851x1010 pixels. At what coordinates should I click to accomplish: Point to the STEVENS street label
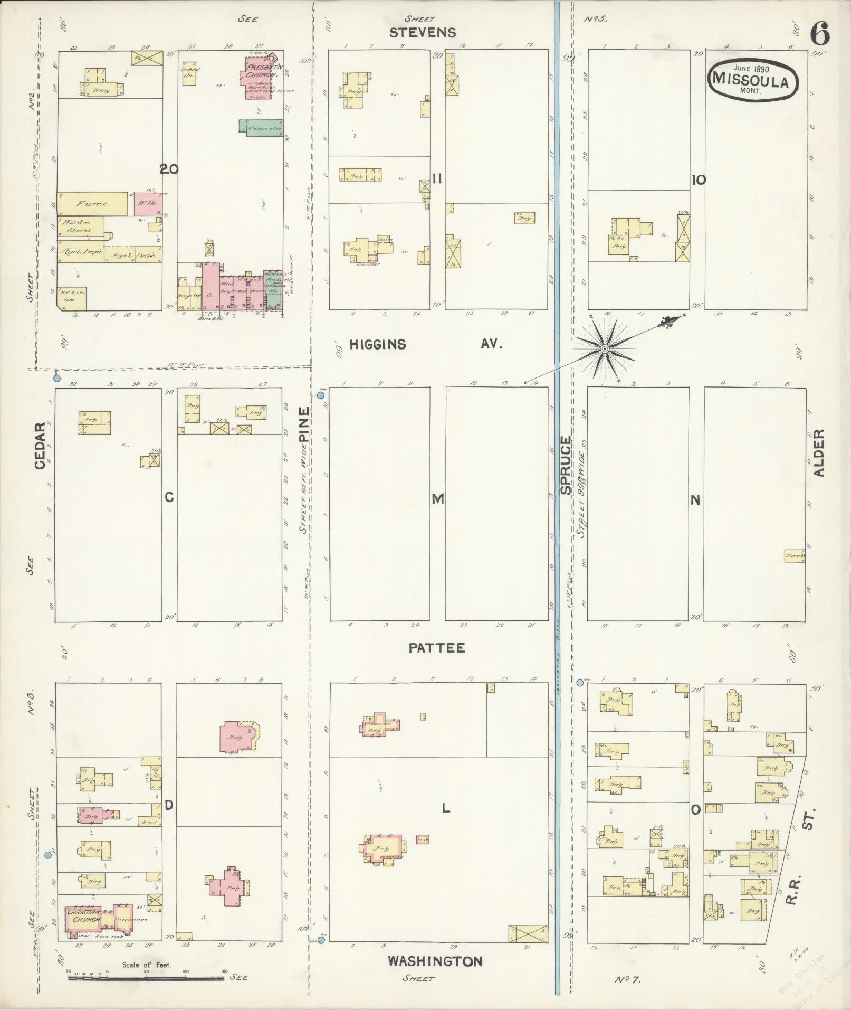(423, 33)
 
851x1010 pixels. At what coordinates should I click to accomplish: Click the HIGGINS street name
(378, 345)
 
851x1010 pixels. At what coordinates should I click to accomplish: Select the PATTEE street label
(437, 648)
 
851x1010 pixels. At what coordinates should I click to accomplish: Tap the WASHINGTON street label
(435, 961)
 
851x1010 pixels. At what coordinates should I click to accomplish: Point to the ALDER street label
(818, 453)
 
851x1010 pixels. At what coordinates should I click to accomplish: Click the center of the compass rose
(605, 350)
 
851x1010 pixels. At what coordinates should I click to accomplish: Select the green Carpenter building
(261, 128)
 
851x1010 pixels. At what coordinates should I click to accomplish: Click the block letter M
(438, 499)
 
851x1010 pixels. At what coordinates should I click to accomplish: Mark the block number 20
(169, 169)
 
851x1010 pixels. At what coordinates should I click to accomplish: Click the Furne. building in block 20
(92, 203)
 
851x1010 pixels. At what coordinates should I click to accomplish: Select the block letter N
(695, 499)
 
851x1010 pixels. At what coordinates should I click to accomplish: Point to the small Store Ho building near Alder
(794, 556)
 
